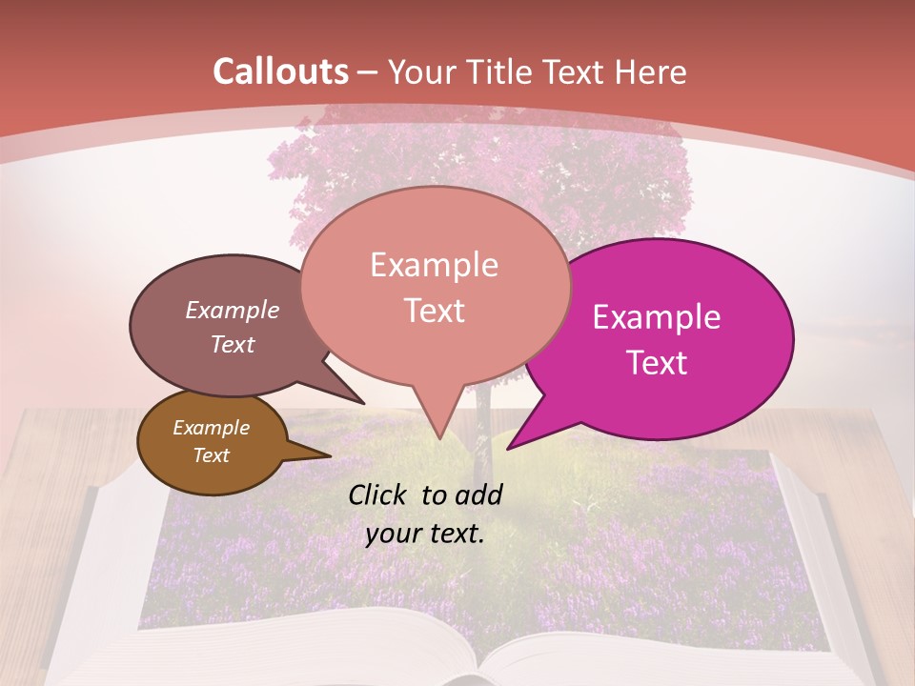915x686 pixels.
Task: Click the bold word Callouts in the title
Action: pyautogui.click(x=281, y=71)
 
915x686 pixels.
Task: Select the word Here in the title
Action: pyautogui.click(x=648, y=71)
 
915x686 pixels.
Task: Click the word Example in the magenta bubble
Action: pyautogui.click(x=657, y=317)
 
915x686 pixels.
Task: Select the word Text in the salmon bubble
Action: pyautogui.click(x=435, y=311)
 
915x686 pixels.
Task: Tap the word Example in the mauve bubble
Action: pyautogui.click(x=233, y=310)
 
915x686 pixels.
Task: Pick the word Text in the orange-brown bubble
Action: pyautogui.click(x=212, y=455)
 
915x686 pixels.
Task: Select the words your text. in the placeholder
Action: pyautogui.click(x=425, y=534)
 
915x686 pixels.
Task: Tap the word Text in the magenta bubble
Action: pyautogui.click(x=658, y=363)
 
